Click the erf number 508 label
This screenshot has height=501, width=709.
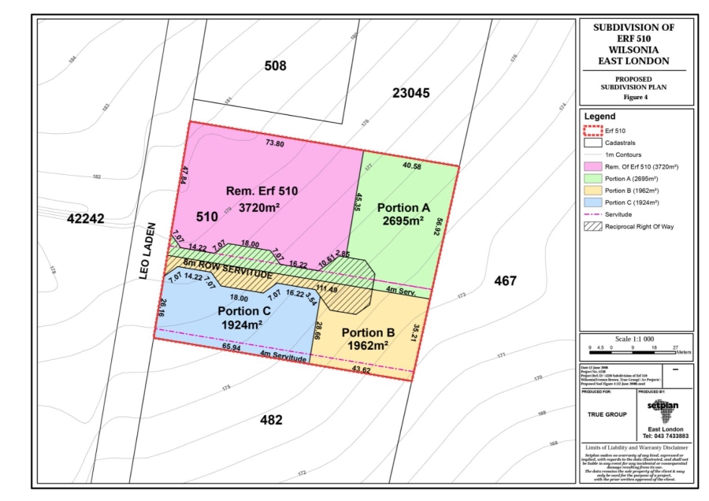click(275, 66)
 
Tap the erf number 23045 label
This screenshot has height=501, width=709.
click(410, 93)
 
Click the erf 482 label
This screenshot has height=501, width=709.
click(271, 420)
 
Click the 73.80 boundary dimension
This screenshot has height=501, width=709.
click(274, 143)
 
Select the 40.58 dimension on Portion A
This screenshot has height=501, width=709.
click(412, 166)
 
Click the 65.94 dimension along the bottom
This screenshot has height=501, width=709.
click(231, 347)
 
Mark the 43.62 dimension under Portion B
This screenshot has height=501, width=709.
click(361, 369)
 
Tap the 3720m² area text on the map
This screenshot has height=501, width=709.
click(259, 207)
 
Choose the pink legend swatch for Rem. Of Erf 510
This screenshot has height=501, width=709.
click(593, 167)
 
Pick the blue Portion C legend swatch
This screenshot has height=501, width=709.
click(593, 202)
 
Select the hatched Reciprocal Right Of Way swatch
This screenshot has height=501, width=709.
click(593, 226)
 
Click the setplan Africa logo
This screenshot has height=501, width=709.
click(662, 410)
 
